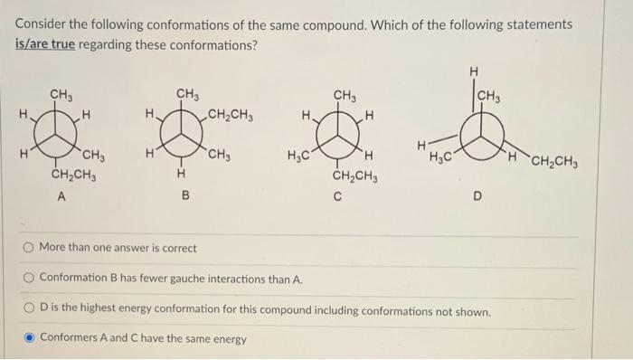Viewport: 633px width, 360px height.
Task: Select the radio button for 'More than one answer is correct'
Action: pos(28,247)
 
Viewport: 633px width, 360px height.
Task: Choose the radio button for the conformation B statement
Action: pos(28,279)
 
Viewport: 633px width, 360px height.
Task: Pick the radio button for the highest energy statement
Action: pos(28,311)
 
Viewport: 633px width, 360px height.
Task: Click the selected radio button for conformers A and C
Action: pos(28,338)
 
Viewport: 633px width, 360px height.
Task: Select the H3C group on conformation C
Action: pos(298,154)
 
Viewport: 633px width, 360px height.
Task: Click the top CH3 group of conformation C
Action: pos(345,94)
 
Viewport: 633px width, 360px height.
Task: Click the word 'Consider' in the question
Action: pos(41,24)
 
